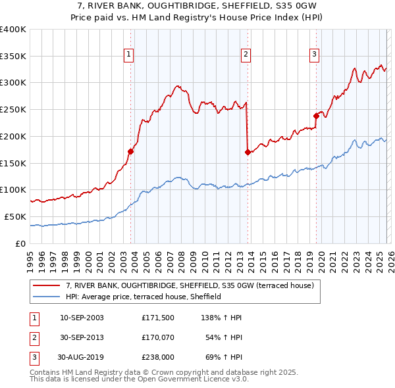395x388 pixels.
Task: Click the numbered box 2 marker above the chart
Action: tap(246, 55)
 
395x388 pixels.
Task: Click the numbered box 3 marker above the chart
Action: tap(315, 55)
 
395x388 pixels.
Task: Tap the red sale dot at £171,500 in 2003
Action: tap(130, 151)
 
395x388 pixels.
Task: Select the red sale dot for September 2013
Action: tap(248, 152)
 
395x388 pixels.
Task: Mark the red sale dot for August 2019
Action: tap(316, 116)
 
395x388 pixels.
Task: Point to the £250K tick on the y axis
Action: tap(13, 110)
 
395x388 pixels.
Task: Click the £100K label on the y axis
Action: tap(13, 190)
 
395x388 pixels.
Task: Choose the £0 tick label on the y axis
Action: tap(20, 243)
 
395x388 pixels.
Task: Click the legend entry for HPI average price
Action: tap(144, 297)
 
